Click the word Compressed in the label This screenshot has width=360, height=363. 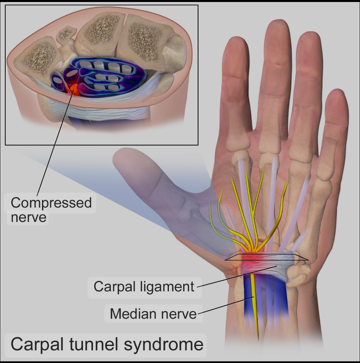point(51,203)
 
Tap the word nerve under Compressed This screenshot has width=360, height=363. point(28,217)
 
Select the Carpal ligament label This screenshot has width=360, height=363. point(144,286)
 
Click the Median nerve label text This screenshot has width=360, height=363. point(153,314)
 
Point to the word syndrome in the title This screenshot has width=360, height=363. point(164,344)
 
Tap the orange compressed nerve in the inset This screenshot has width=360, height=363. point(74,89)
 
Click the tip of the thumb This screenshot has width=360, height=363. point(120,157)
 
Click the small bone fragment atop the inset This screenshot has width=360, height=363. point(66,34)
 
